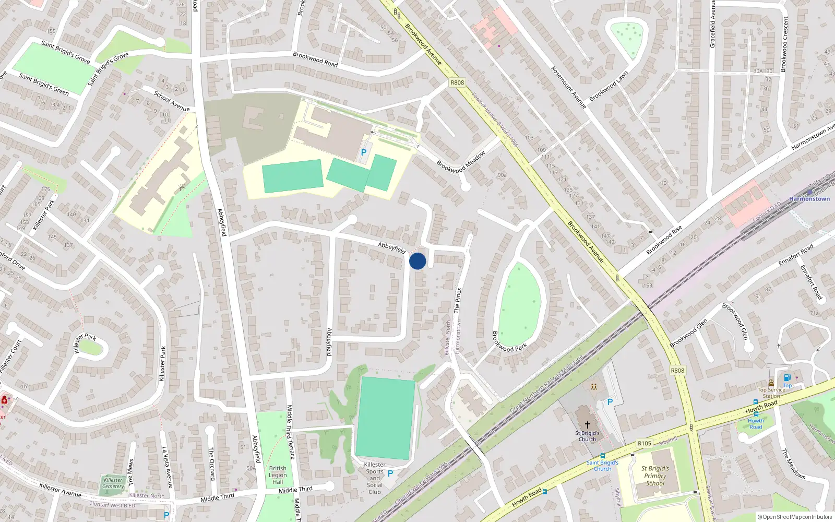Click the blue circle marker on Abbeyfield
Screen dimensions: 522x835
click(417, 261)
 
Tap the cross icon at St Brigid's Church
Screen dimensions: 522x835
click(587, 425)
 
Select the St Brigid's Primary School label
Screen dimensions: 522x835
click(655, 476)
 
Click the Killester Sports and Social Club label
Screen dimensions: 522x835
click(375, 478)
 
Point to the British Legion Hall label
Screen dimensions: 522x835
click(278, 475)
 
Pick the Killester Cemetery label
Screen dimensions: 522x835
click(113, 483)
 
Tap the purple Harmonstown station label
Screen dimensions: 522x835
click(809, 199)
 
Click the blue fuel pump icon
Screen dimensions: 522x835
click(787, 377)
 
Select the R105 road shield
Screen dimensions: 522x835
click(645, 443)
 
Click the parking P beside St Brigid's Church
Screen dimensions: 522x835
click(610, 402)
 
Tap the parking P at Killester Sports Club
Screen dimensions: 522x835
click(390, 473)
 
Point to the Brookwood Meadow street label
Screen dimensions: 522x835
click(461, 162)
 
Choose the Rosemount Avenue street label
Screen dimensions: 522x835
click(568, 87)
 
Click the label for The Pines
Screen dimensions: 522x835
click(458, 300)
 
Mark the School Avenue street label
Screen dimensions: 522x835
click(172, 101)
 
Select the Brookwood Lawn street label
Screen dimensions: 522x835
click(609, 87)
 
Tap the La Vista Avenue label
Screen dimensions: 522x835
click(167, 467)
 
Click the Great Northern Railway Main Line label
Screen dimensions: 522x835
click(546, 384)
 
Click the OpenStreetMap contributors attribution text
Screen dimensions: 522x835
click(794, 517)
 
